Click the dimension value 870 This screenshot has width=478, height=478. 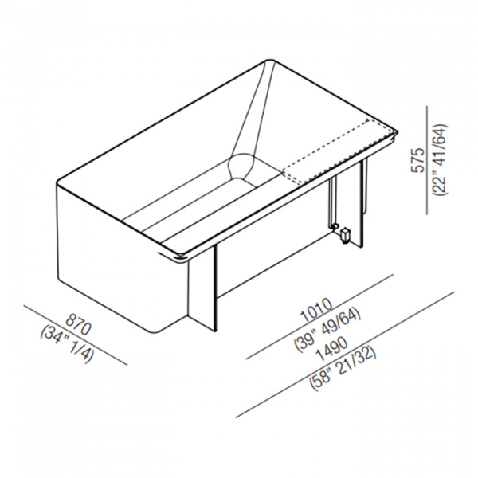click(79, 324)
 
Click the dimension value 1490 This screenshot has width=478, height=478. click(331, 348)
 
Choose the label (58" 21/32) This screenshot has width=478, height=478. click(343, 369)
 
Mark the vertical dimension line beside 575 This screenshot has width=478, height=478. click(427, 159)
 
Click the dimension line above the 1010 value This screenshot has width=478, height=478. click(319, 317)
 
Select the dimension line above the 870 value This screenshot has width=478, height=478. click(76, 335)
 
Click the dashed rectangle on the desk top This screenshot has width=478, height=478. click(338, 151)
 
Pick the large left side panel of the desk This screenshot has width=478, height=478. click(122, 259)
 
